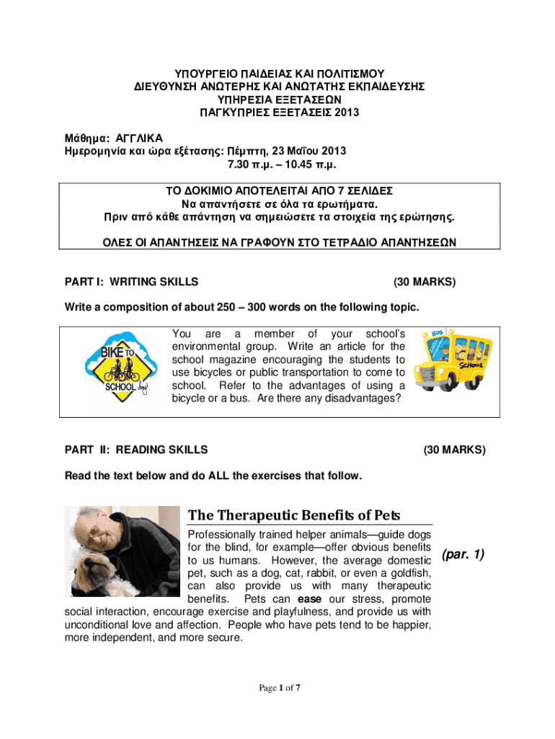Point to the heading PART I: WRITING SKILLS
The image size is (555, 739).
[132, 281]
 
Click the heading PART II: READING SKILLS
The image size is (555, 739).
[136, 450]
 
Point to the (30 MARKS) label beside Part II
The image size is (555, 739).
[455, 450]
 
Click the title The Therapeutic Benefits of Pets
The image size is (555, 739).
[294, 515]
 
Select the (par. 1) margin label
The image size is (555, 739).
[461, 554]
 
